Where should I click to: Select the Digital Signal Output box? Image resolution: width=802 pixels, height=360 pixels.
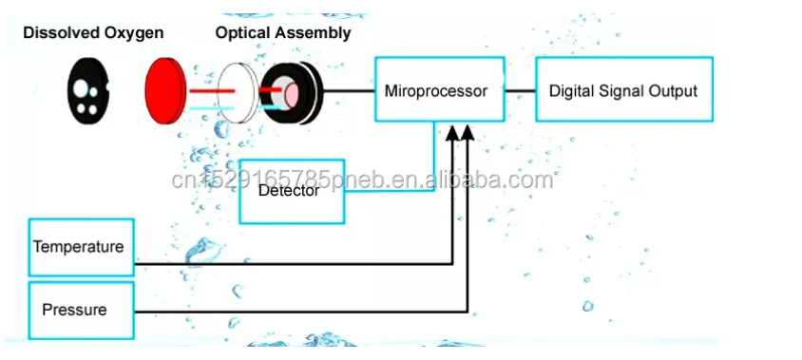[622, 91]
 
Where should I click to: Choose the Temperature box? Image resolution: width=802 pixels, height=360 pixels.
[80, 247]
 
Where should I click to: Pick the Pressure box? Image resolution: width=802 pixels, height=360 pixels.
[80, 310]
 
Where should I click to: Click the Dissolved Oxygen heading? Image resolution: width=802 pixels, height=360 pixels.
[93, 33]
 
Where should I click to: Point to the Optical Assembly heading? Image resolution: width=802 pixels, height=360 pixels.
[282, 33]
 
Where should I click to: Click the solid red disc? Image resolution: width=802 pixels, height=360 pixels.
[167, 92]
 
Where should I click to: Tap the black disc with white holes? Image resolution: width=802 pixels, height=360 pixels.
[87, 92]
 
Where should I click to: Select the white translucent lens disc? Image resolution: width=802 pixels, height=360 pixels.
[235, 92]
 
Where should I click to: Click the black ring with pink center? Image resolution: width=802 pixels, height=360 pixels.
[291, 92]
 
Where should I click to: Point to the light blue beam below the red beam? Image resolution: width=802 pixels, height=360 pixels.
[205, 107]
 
